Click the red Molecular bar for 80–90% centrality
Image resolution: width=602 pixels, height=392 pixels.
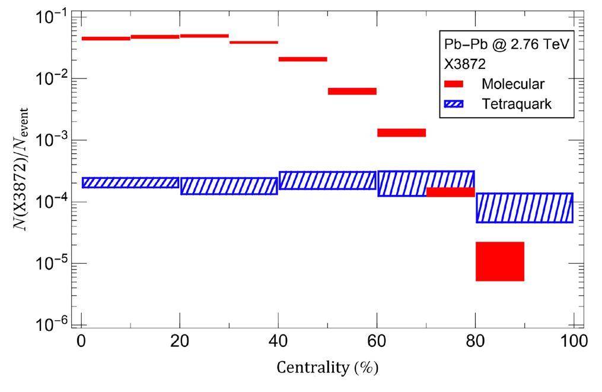(500, 261)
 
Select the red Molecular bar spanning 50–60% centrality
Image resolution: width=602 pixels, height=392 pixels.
(352, 91)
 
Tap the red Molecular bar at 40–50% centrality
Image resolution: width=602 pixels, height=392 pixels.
(302, 59)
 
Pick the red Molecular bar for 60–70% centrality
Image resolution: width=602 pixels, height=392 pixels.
(402, 132)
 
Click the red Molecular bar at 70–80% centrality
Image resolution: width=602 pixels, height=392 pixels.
(450, 192)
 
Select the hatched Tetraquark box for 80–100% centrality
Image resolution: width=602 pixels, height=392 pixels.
(524, 208)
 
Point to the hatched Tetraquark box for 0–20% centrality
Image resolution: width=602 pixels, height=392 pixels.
(130, 182)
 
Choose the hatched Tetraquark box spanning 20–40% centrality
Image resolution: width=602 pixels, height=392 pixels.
(229, 186)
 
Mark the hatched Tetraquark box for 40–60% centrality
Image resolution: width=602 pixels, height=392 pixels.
(327, 181)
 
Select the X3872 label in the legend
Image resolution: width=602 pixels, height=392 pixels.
(466, 64)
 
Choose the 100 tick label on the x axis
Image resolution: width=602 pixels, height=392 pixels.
(574, 341)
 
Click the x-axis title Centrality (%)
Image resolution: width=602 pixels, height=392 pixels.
(327, 368)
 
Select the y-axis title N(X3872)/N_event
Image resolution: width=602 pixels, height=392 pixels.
(23, 169)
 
